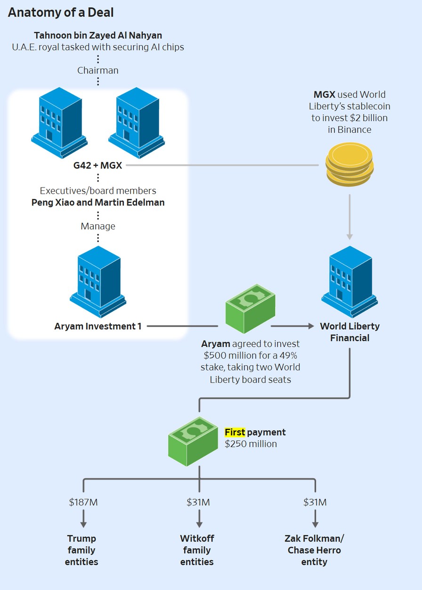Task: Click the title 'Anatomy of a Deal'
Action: point(61,13)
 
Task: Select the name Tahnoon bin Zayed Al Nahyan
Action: point(98,36)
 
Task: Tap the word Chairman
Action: point(98,70)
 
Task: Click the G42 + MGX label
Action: point(98,165)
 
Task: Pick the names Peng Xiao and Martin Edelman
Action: point(98,202)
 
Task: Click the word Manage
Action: point(98,226)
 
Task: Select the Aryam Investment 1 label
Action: point(98,326)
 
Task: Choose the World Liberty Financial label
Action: point(349,332)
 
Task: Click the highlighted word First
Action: point(235,432)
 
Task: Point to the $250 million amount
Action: point(251,444)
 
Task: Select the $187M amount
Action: point(83,502)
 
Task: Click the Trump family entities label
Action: point(82,550)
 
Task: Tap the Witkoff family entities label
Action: point(197,550)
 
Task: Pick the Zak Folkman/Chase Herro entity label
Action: point(314,550)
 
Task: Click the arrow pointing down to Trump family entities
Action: point(83,519)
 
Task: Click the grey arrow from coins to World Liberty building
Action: point(349,217)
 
